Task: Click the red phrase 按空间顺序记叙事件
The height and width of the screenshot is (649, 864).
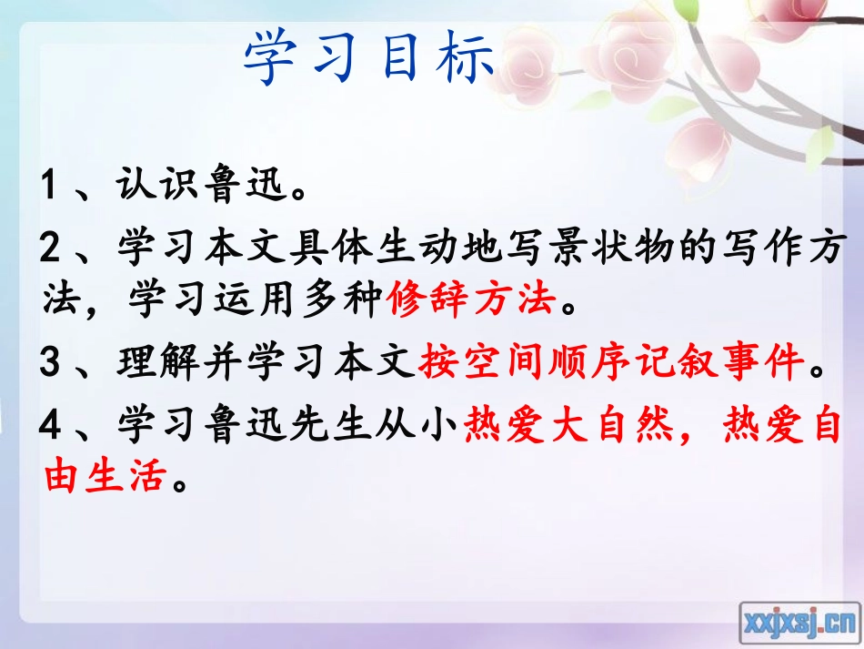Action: coord(613,365)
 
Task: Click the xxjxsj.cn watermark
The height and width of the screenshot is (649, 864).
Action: coord(799,623)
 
